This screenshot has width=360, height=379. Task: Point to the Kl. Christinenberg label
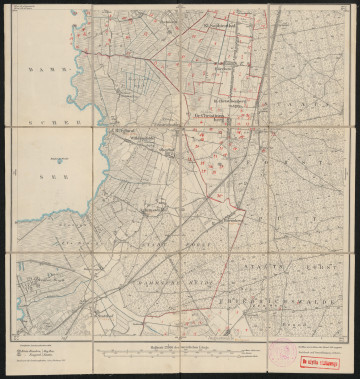point(228,101)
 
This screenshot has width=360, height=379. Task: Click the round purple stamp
point(282,355)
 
